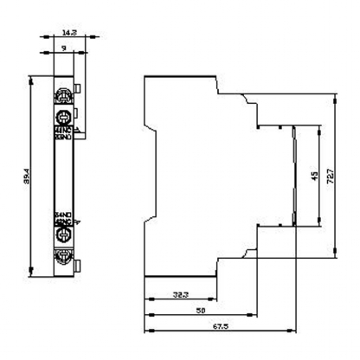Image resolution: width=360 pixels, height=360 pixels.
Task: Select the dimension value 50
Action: point(202,309)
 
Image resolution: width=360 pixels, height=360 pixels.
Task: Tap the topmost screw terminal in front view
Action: point(63,94)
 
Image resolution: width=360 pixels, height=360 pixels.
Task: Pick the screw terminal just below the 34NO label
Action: point(63,234)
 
